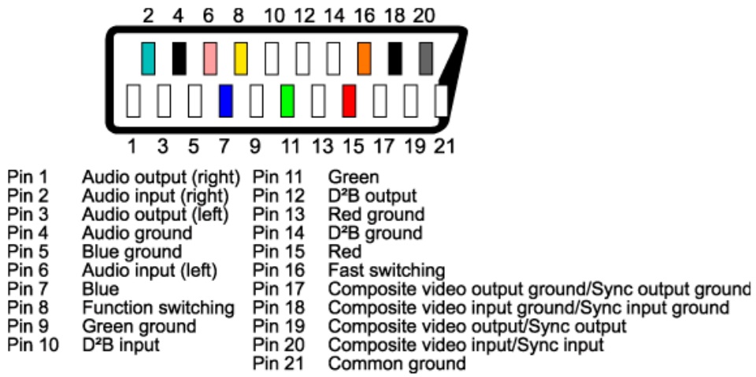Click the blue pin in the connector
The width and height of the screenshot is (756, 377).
click(x=225, y=102)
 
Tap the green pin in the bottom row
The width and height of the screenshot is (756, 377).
click(x=287, y=102)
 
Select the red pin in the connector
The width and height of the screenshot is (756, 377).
click(x=349, y=102)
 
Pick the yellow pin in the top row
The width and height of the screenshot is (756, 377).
click(x=241, y=58)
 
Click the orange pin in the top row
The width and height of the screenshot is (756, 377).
click(x=365, y=58)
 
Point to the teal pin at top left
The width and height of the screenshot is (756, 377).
click(x=148, y=58)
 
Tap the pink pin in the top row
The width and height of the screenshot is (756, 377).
click(x=209, y=58)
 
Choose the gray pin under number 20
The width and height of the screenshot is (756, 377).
click(x=426, y=58)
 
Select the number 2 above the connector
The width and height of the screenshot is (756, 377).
click(x=147, y=16)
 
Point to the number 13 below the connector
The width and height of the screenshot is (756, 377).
click(x=321, y=146)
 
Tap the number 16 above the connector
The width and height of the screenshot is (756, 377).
click(x=365, y=16)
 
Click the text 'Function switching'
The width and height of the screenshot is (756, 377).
click(x=158, y=308)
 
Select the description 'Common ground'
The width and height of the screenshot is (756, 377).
click(x=396, y=364)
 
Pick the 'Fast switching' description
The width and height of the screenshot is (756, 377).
click(x=386, y=270)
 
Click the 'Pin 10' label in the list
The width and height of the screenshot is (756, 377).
click(x=32, y=345)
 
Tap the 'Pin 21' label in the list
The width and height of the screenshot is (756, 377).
click(x=279, y=364)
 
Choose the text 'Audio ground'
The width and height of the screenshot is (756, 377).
click(x=136, y=233)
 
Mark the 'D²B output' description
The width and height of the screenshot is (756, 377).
click(x=372, y=195)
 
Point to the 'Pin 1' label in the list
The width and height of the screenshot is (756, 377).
click(x=28, y=176)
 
